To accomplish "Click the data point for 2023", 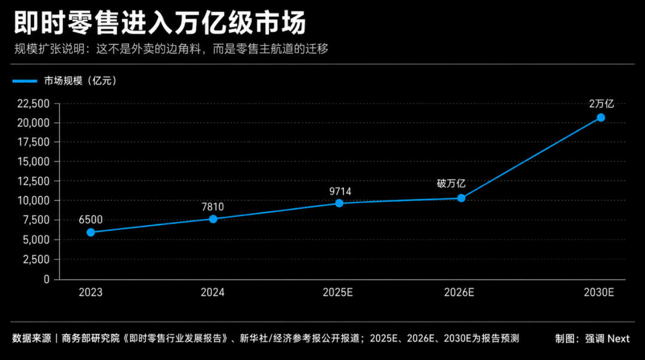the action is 91,232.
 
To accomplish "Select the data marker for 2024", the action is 213,219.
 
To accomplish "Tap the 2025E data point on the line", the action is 339,203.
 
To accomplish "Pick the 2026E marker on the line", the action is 461,198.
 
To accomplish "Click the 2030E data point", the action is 601,118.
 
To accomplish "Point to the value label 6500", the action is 91,220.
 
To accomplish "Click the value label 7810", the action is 213,207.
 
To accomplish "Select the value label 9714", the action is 340,191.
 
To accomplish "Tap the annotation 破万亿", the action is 451,183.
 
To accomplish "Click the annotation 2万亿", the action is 601,104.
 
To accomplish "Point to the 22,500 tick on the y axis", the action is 33,104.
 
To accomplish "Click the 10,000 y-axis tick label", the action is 33,201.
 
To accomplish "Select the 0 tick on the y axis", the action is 47,279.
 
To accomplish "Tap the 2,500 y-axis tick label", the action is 36,260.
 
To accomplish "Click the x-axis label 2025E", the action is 337,293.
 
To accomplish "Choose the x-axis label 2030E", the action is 599,293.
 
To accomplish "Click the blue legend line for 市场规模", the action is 24,81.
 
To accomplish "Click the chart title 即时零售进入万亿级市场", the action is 160,22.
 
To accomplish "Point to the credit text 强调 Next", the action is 607,339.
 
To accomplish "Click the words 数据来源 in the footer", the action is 32,339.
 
